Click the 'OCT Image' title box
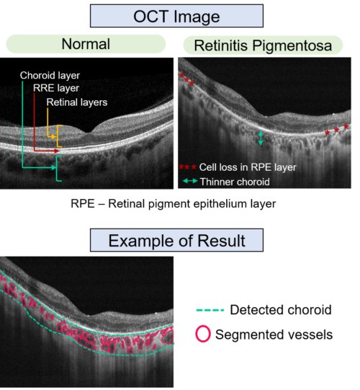click(176, 16)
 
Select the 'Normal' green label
click(86, 44)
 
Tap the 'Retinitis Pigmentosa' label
click(263, 45)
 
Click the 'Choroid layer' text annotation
click(50, 76)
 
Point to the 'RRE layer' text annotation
click(56, 88)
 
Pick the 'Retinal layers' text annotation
click(77, 102)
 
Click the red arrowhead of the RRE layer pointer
click(57, 151)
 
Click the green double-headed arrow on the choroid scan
click(261, 138)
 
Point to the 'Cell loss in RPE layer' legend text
click(248, 167)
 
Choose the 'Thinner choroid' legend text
click(235, 182)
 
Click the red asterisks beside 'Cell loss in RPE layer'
click(188, 167)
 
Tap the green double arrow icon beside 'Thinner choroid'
click(190, 181)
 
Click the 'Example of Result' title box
click(176, 240)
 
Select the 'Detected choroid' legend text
click(281, 310)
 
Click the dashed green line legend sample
click(210, 310)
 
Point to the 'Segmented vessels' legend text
click(274, 334)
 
